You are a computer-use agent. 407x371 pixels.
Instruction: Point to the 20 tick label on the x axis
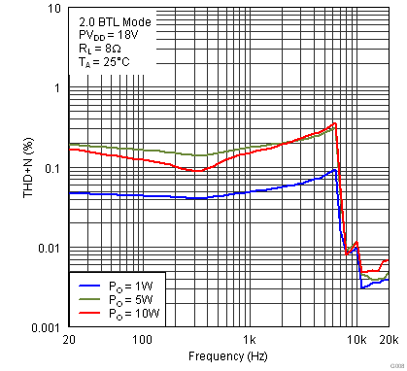tap(68, 340)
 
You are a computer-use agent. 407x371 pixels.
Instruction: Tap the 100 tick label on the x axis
tap(143, 340)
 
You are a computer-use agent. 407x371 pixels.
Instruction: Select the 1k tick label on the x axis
tap(251, 340)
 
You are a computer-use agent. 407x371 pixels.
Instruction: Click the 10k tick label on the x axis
tap(356, 340)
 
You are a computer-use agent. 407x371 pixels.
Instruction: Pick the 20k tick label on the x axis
tap(388, 340)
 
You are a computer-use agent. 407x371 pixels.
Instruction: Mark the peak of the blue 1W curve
tap(334, 170)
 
